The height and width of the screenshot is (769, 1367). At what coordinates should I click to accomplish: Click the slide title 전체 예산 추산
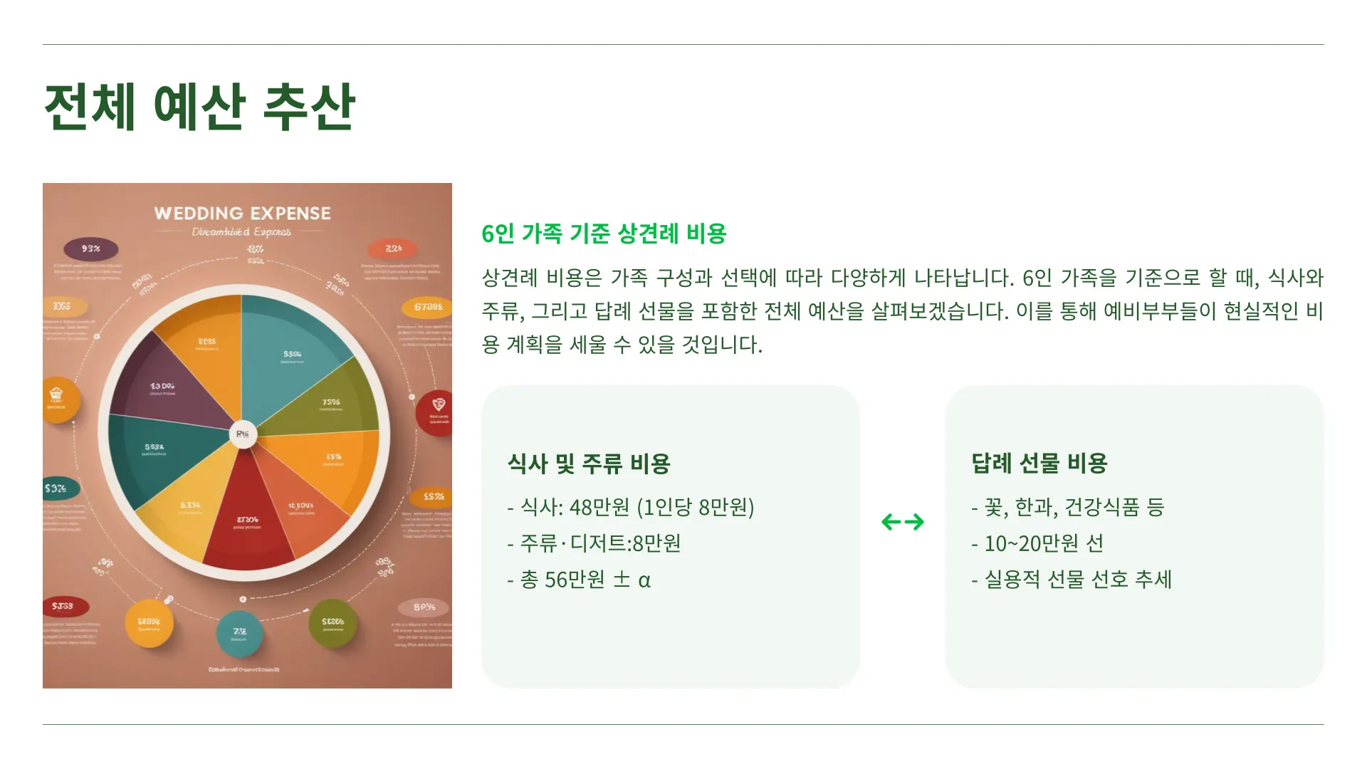200,107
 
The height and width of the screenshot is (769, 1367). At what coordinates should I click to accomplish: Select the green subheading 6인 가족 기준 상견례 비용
604,234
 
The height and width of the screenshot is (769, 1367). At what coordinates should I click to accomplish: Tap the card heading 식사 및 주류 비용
589,464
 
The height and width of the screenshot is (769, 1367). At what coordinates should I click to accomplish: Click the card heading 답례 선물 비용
1039,463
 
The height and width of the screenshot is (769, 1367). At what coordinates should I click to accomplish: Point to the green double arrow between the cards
903,522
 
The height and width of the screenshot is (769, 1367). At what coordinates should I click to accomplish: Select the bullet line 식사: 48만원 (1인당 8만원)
631,507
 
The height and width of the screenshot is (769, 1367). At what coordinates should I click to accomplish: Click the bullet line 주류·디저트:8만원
594,543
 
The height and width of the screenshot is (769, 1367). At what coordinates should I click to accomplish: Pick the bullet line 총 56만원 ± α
579,580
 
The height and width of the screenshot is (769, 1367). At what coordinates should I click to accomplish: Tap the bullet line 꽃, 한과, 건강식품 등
1068,507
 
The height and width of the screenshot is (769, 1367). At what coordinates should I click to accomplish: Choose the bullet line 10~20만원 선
1037,543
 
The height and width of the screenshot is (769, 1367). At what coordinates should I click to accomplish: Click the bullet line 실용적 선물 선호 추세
1072,580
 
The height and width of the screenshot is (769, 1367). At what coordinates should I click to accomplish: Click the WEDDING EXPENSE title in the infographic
242,213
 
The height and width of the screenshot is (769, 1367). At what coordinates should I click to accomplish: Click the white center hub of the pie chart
242,434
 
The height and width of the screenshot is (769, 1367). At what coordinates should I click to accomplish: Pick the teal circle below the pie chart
240,633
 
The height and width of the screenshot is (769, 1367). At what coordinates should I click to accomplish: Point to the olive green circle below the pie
332,624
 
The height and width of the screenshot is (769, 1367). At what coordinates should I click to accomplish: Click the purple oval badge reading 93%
91,249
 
